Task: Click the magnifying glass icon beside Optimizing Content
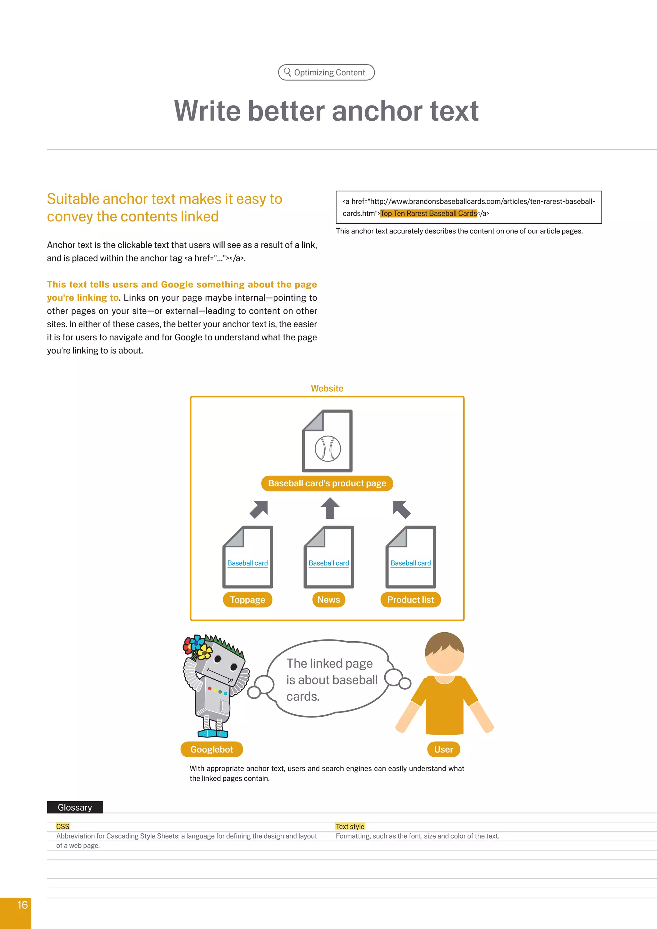click(x=287, y=72)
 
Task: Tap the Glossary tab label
click(x=75, y=807)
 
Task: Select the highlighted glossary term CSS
click(x=63, y=826)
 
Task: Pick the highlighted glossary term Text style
click(x=350, y=826)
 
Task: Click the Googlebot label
click(x=212, y=749)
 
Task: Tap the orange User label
click(x=443, y=749)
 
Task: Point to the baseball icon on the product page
click(x=328, y=448)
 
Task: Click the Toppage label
click(x=248, y=600)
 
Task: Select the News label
click(x=328, y=600)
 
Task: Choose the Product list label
click(x=410, y=600)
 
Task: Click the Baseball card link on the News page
click(x=328, y=563)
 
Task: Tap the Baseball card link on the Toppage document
click(x=248, y=563)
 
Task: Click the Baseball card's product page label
click(x=327, y=483)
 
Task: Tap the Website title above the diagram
click(x=327, y=388)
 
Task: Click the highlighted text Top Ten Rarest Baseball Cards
click(x=428, y=213)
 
